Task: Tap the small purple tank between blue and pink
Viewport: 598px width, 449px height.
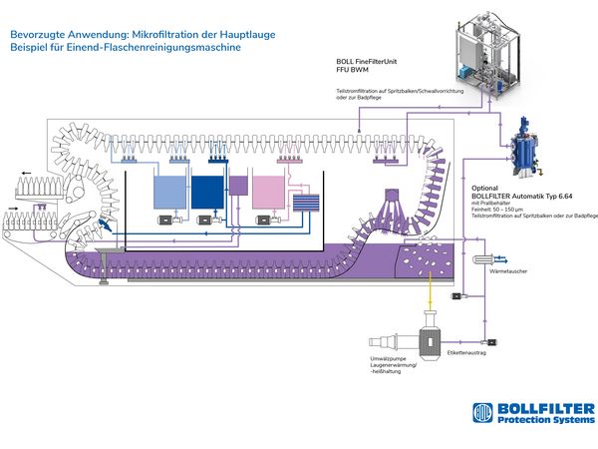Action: coord(238,184)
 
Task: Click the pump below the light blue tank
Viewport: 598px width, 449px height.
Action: coord(163,219)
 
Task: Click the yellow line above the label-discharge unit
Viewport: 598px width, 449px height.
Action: coord(430,300)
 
